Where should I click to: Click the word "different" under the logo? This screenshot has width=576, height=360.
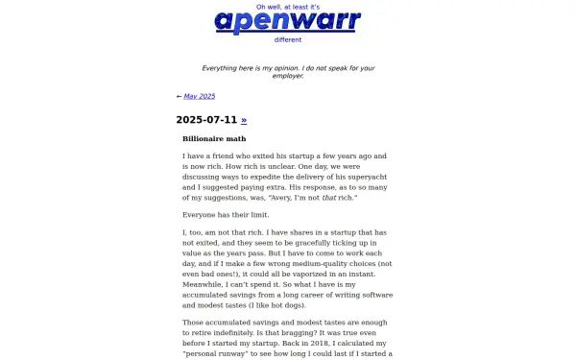pos(288,39)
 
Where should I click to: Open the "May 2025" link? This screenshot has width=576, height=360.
pos(200,96)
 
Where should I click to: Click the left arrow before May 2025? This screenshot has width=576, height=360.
pos(179,96)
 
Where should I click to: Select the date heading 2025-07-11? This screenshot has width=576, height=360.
pos(206,120)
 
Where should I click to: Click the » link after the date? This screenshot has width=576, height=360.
pos(244,120)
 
